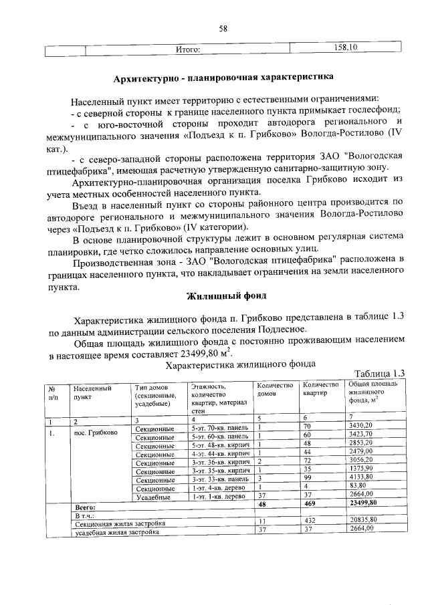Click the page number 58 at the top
[223, 28]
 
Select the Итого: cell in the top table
[189, 49]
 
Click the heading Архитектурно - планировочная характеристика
[223, 78]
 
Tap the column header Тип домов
[150, 388]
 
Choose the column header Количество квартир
[321, 389]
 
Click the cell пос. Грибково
[92, 433]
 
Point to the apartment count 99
[308, 478]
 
